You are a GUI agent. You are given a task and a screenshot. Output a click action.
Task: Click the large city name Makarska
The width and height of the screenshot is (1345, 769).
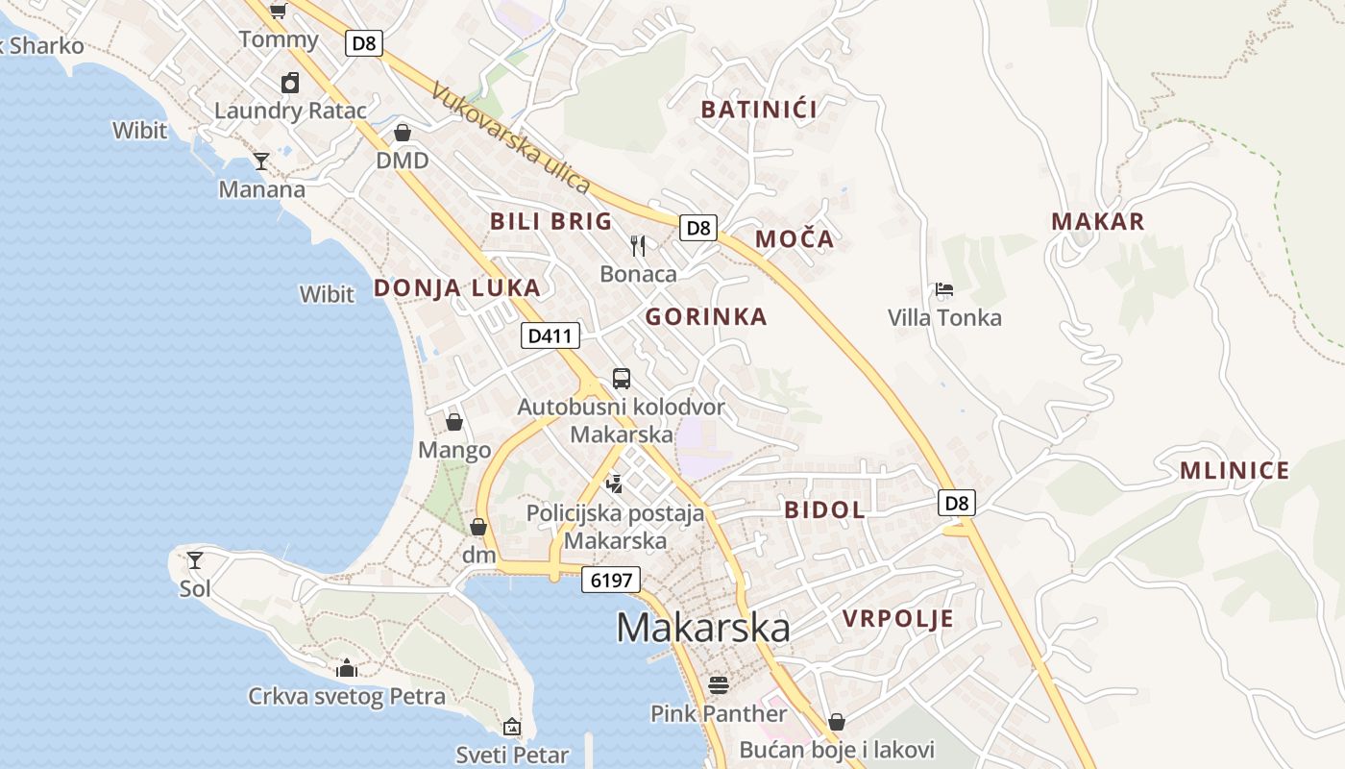coord(703,628)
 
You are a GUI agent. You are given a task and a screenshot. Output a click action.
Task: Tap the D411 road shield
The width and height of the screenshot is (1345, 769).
coord(550,335)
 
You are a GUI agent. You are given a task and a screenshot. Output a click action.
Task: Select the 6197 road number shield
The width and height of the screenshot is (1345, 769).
coord(610,580)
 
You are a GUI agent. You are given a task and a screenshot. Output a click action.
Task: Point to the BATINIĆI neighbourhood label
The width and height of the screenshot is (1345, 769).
coord(759,110)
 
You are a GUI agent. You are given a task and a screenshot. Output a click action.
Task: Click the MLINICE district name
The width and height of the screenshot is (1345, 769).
coord(1235,471)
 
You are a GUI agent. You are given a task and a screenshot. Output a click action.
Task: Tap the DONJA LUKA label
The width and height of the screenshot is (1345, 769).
coord(456,287)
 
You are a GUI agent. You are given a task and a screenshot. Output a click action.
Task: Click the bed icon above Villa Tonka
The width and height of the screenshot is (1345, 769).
coord(943,289)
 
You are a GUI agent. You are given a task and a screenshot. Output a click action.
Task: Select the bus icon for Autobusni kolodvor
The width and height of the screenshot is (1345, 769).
coord(621,379)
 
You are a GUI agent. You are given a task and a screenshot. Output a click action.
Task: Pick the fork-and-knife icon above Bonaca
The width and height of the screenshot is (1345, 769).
coord(638,246)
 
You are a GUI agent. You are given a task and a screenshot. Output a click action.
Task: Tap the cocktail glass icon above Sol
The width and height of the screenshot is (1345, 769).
coord(195,559)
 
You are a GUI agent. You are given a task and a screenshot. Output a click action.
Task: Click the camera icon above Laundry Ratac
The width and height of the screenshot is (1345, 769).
coord(289,84)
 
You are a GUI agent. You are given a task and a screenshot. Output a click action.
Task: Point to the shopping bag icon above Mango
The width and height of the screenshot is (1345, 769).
coord(453,422)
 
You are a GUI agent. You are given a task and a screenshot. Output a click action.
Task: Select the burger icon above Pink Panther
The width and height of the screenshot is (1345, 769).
coord(718,685)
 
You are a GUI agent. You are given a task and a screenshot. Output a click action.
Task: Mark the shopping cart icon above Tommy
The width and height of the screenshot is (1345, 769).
coord(278,11)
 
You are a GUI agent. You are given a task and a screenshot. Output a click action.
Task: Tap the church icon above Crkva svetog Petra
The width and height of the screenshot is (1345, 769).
coord(347,668)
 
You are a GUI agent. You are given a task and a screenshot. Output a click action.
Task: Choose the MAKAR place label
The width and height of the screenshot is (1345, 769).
coord(1098,221)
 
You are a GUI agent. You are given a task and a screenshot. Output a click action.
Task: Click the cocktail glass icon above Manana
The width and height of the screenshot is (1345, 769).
coord(261,161)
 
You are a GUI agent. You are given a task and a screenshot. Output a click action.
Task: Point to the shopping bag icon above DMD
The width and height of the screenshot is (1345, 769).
coord(403,133)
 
